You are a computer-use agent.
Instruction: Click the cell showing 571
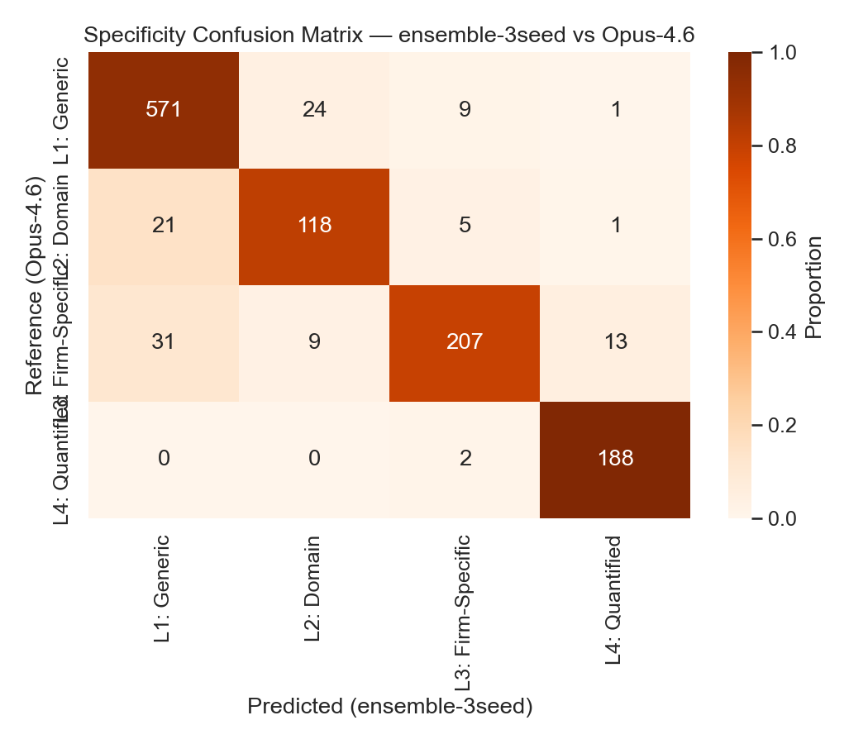point(164,109)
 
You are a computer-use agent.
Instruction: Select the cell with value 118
point(314,226)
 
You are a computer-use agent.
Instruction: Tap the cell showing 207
point(465,342)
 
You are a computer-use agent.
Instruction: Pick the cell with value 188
point(615,459)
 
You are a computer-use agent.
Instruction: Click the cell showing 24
point(314,109)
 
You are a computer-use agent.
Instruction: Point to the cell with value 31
point(164,342)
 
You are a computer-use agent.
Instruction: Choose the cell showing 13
point(615,342)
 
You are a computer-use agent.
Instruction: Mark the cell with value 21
point(164,226)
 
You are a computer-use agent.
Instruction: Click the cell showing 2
point(465,459)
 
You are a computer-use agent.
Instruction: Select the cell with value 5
point(465,226)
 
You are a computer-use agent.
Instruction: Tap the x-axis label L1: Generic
point(163,589)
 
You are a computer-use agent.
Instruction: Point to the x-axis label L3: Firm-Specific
point(464,612)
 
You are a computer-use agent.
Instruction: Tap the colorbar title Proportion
point(813,286)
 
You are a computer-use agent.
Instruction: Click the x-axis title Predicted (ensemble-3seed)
point(389,707)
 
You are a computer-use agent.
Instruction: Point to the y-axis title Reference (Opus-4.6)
point(34,285)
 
